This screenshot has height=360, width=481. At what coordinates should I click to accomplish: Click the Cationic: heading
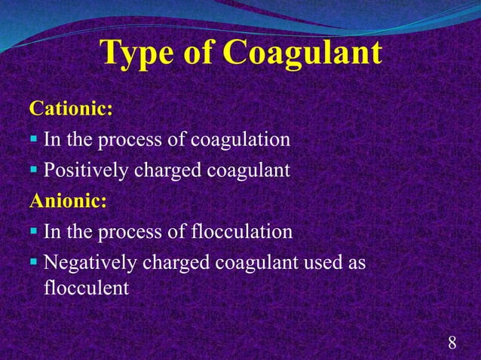point(71,110)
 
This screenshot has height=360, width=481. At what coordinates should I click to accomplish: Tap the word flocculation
point(242,232)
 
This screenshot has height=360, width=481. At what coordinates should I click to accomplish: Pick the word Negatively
point(89,263)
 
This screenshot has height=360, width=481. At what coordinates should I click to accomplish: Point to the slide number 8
point(452,343)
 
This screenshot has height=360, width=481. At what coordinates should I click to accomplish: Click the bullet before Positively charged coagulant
point(35,172)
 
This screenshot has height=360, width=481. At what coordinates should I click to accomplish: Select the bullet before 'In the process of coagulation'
point(35,142)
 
